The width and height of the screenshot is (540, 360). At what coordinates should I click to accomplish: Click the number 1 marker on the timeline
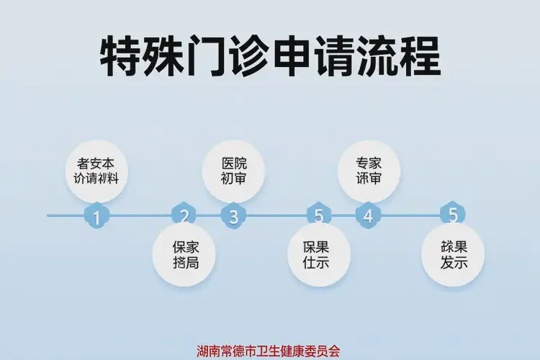[96, 215]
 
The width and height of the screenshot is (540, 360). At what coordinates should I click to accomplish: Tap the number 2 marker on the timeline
[184, 215]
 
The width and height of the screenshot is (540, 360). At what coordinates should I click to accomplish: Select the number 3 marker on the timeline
[233, 215]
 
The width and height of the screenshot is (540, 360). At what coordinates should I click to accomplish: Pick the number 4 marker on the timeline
[368, 215]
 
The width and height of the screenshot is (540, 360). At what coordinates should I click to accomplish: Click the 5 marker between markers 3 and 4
[318, 215]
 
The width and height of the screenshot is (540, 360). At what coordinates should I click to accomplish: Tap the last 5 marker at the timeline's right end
[453, 215]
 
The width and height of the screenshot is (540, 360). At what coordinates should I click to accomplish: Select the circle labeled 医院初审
[233, 171]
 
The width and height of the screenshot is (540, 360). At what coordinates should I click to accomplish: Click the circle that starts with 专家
[369, 171]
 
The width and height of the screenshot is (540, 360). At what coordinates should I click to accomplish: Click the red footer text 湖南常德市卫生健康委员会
[269, 351]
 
